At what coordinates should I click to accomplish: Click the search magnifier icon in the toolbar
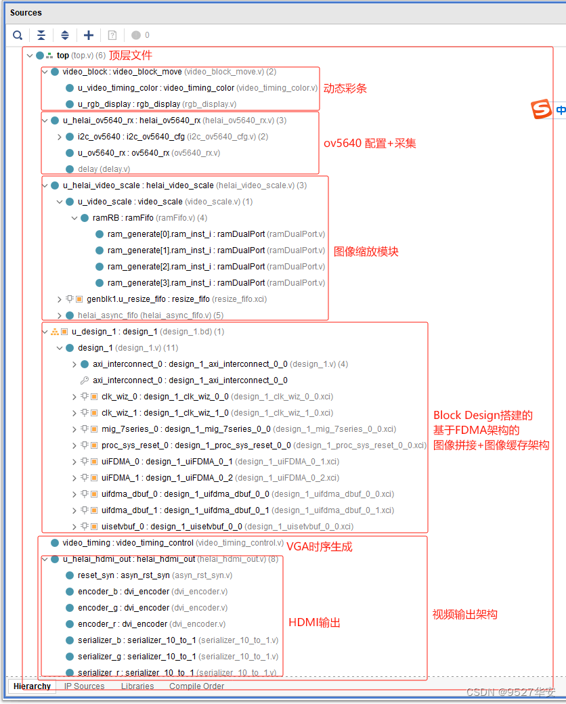tap(18, 35)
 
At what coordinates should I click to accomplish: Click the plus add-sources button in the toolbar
tap(89, 35)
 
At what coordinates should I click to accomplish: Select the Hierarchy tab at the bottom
tap(32, 686)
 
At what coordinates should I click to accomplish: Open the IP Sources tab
tap(84, 686)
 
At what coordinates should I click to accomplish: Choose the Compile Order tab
tap(196, 686)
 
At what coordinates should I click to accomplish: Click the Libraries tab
tap(137, 686)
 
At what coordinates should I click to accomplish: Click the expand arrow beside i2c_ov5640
tap(60, 137)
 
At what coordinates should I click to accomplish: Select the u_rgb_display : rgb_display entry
tap(129, 104)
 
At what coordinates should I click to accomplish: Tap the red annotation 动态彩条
tap(345, 89)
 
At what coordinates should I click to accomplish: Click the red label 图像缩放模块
tap(366, 251)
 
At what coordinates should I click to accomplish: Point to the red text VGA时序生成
tap(319, 546)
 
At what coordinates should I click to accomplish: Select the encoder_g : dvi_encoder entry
tap(123, 608)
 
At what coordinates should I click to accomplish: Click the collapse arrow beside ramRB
tap(74, 218)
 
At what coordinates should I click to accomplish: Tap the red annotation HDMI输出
tap(314, 623)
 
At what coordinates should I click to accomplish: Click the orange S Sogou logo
tap(541, 109)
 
